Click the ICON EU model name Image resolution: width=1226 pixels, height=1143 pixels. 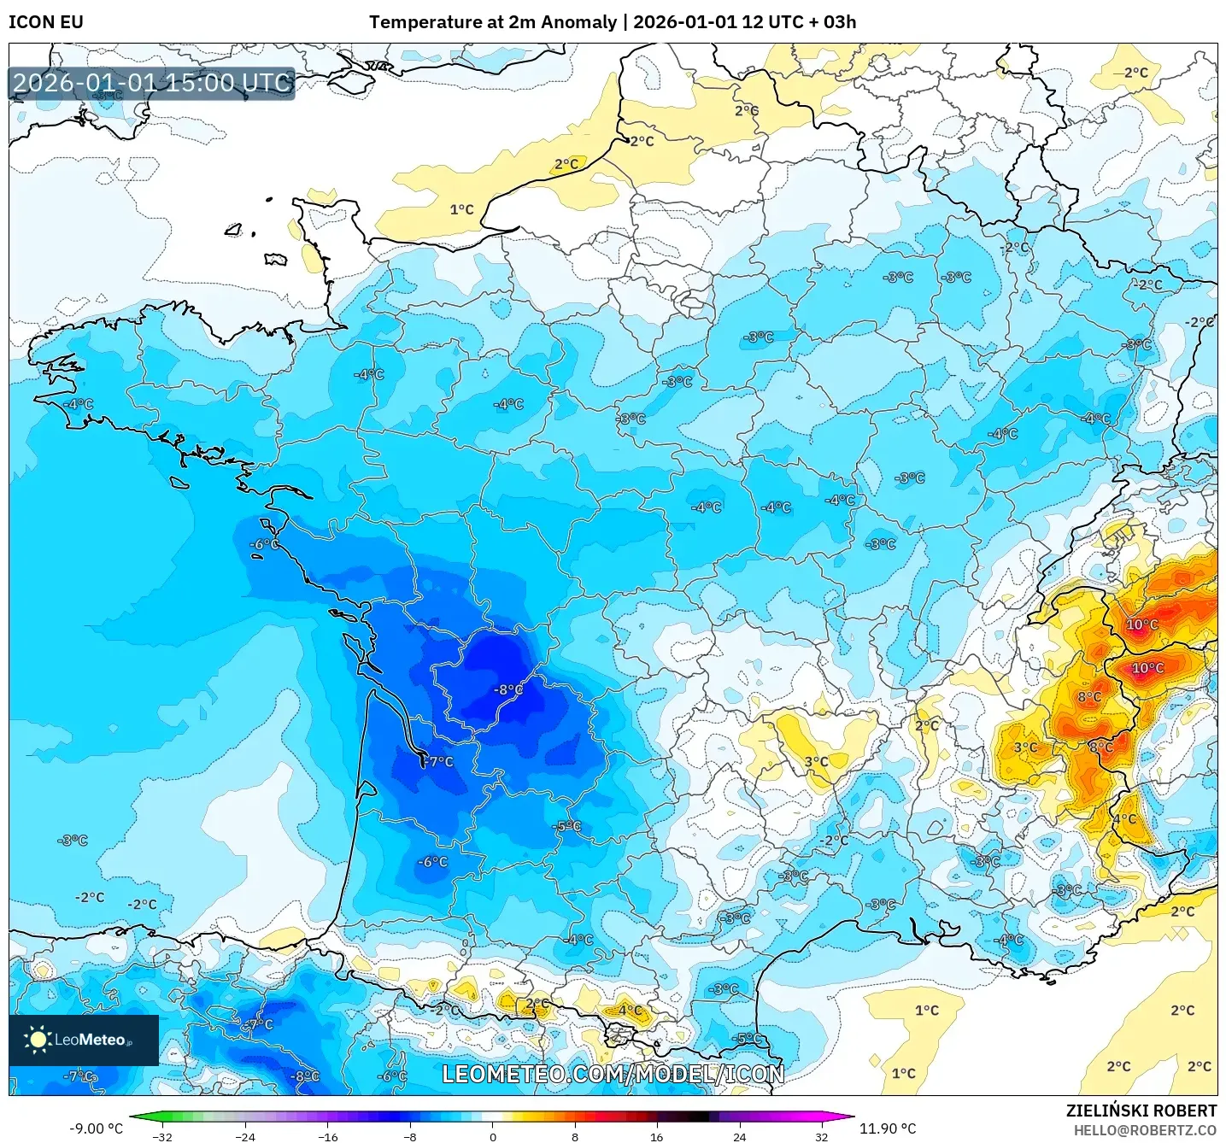[46, 22]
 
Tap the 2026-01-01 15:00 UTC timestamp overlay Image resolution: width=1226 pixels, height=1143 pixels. [152, 83]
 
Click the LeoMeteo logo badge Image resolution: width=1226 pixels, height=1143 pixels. [84, 1040]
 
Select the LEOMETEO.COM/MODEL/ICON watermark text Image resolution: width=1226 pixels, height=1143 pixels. [613, 1074]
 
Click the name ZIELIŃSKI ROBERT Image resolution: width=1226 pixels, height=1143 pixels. [1141, 1111]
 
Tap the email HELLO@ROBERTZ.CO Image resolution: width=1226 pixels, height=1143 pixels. [1145, 1130]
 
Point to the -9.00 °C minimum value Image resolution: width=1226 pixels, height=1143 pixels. [96, 1128]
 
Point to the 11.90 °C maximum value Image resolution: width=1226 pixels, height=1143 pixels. [888, 1128]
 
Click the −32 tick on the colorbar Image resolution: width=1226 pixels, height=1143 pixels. [162, 1137]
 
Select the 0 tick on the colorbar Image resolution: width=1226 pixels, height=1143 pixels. [493, 1137]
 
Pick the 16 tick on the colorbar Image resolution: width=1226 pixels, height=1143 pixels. [657, 1137]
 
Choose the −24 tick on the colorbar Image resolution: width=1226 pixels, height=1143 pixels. [245, 1137]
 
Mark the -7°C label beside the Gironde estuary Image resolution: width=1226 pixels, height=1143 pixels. [439, 761]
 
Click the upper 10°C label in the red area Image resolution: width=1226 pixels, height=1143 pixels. [1141, 624]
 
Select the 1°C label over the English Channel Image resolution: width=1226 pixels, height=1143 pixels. [461, 209]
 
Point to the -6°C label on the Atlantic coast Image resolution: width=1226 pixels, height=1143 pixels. [264, 544]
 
